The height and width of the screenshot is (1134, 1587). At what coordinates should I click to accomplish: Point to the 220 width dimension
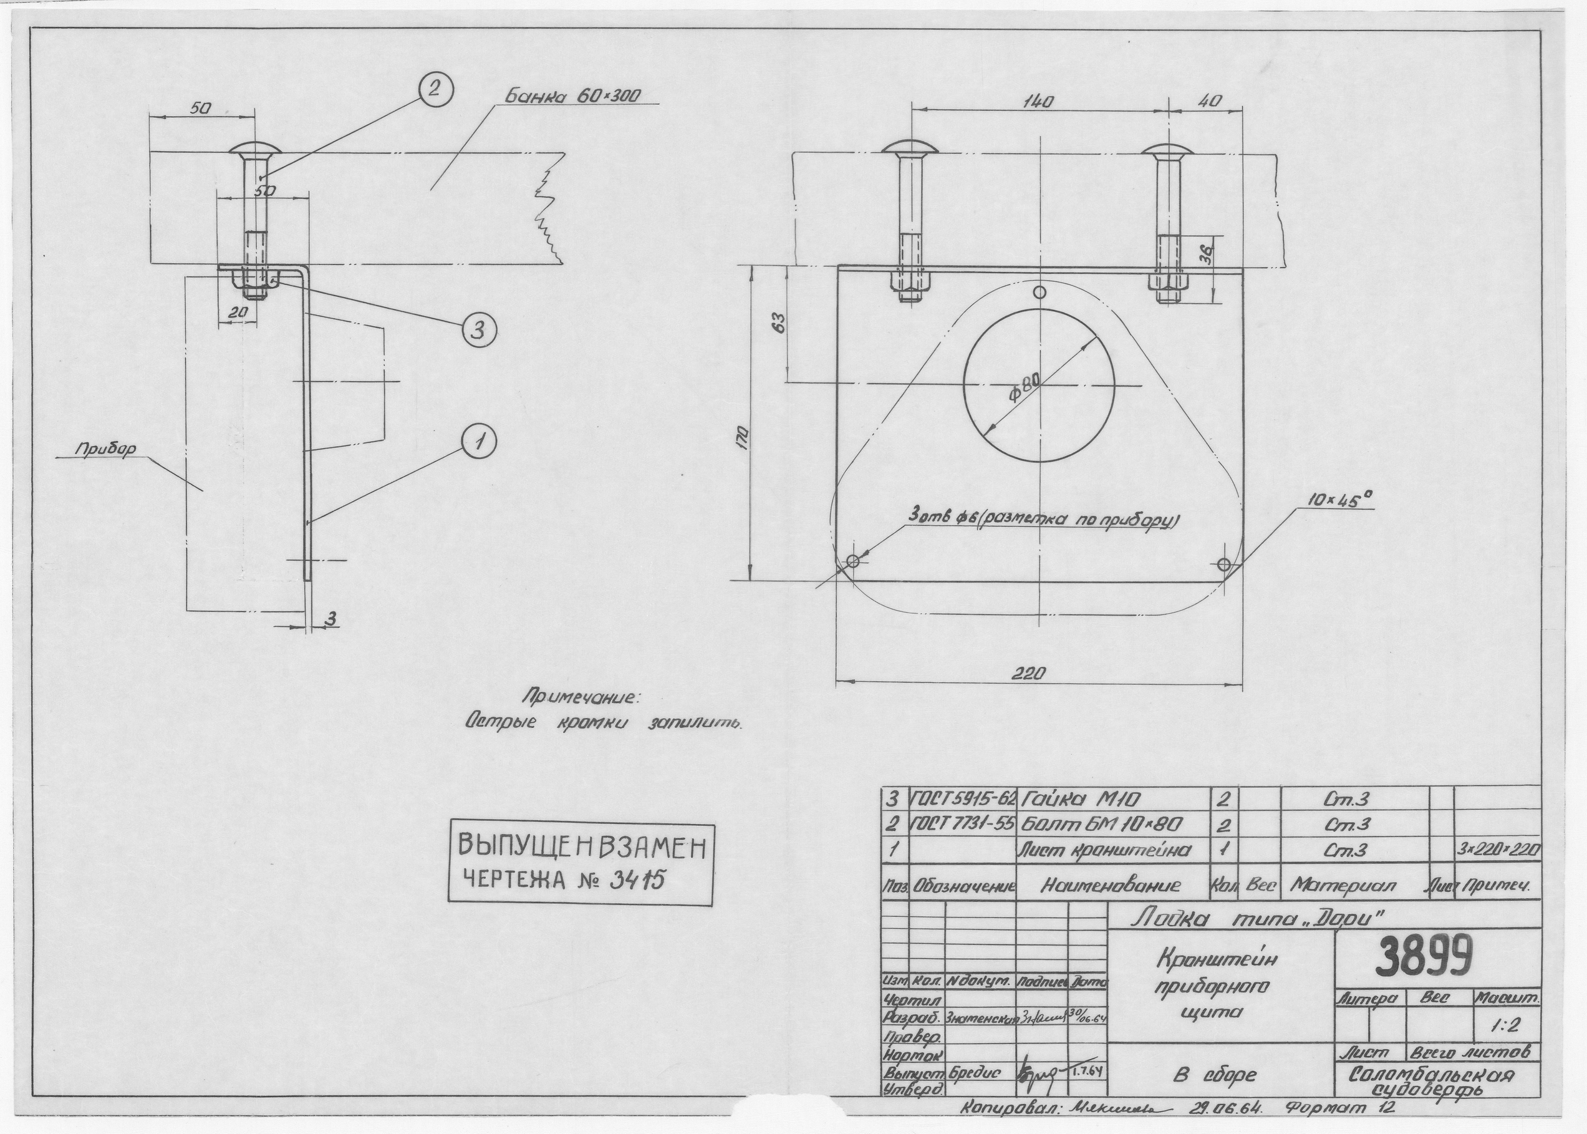[x=1030, y=674]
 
